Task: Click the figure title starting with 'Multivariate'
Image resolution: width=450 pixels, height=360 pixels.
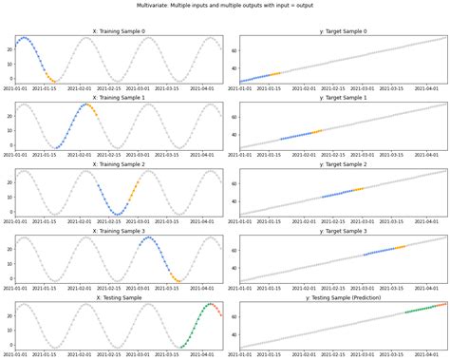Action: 225,5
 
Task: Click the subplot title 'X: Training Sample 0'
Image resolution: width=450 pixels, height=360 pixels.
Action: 119,31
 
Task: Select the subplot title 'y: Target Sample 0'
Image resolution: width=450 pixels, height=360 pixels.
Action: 343,31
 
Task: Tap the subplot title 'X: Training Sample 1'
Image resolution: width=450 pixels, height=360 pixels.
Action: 119,98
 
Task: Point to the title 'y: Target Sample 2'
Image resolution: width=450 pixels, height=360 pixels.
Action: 343,164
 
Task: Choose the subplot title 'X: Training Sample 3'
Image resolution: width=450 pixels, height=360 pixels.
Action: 119,231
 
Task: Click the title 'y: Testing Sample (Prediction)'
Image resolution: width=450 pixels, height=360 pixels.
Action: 343,297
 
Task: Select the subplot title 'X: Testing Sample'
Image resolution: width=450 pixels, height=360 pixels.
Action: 119,297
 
